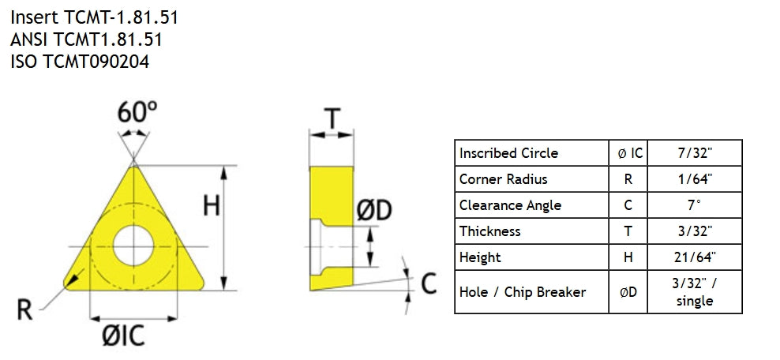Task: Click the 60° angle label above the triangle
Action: pyautogui.click(x=137, y=112)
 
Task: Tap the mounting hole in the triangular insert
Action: pyautogui.click(x=133, y=246)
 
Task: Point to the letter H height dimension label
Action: pyautogui.click(x=212, y=204)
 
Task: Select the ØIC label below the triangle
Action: pyautogui.click(x=123, y=336)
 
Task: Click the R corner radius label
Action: pyautogui.click(x=24, y=310)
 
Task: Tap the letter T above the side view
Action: pyautogui.click(x=332, y=119)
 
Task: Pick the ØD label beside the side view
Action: pyautogui.click(x=374, y=210)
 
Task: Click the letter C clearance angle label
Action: pyautogui.click(x=429, y=283)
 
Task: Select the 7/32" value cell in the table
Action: pyautogui.click(x=695, y=153)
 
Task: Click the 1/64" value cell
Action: pyautogui.click(x=695, y=179)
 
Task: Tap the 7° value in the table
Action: pyautogui.click(x=695, y=205)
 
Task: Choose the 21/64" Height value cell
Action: pyautogui.click(x=695, y=257)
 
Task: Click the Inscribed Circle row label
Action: pyautogui.click(x=508, y=153)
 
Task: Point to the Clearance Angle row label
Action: pyautogui.click(x=510, y=205)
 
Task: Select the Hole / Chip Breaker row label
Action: pyautogui.click(x=523, y=292)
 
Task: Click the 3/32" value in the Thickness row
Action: pyautogui.click(x=695, y=231)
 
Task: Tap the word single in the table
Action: pyautogui.click(x=695, y=301)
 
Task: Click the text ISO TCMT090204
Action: pyautogui.click(x=80, y=62)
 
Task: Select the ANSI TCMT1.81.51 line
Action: pyautogui.click(x=86, y=39)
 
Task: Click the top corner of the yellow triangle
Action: pyautogui.click(x=133, y=167)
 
